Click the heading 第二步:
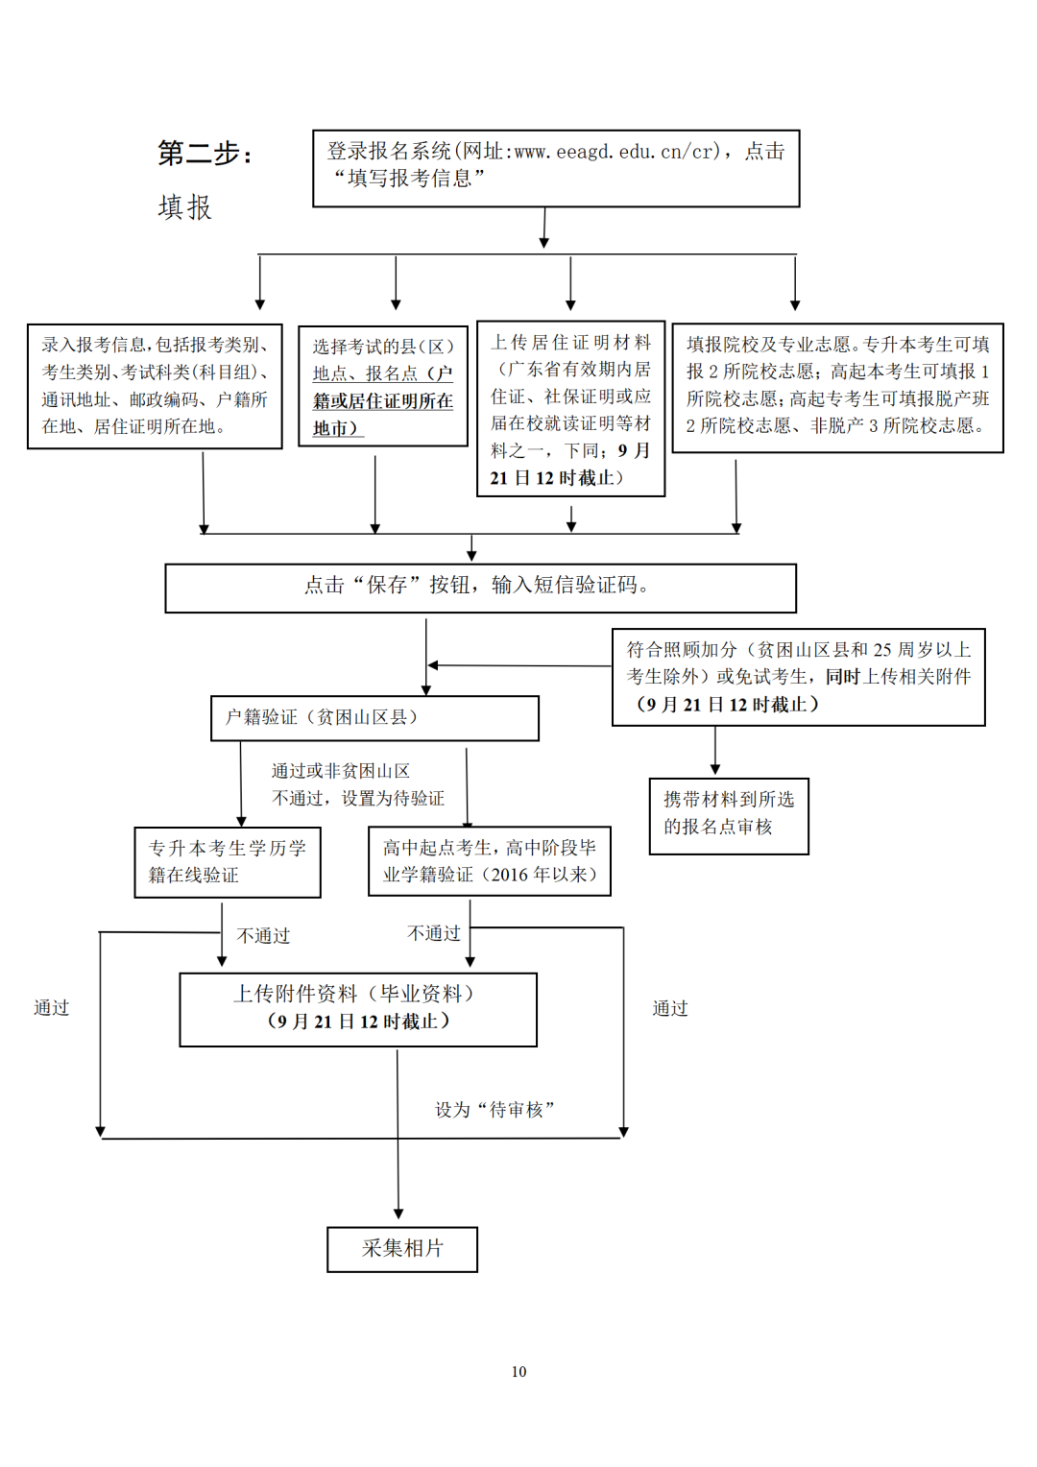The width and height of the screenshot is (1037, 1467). coord(205,154)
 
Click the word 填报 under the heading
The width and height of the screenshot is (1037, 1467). coord(184,207)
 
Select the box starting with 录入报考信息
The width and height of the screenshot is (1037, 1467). coord(155,386)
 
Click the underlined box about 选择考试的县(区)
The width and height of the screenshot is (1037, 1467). coord(382,387)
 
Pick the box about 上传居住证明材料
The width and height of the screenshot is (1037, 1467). coord(570,409)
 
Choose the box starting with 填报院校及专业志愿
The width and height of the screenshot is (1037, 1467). coord(837,387)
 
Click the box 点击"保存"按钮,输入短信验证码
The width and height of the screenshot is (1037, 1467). coord(480,588)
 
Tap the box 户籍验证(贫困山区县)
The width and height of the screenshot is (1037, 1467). coord(374,718)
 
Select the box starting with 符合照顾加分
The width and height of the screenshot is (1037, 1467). coord(798,677)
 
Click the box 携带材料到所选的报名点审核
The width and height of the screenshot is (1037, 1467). coord(729,815)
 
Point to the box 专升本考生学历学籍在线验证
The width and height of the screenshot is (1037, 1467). coord(228,862)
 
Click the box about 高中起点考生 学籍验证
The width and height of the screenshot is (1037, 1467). coord(490,861)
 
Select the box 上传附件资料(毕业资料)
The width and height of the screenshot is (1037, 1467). coord(357,1009)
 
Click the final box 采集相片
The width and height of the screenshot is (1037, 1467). coord(402,1249)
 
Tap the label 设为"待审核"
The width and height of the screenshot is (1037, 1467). coord(494,1110)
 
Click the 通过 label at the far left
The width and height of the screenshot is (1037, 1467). coord(52,1008)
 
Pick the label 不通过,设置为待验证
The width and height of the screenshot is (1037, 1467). coord(358,799)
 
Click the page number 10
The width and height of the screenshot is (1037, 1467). coord(518,1372)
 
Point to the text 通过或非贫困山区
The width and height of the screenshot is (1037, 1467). coord(341,771)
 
